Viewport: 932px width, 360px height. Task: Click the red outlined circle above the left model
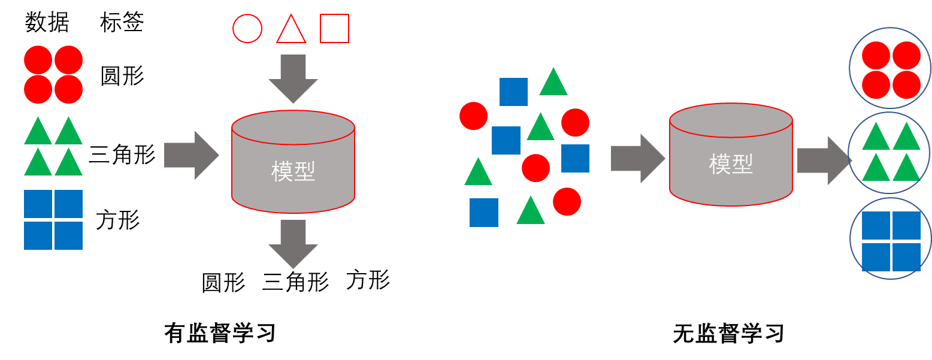[x=247, y=29]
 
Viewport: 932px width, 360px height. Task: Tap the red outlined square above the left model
[x=335, y=29]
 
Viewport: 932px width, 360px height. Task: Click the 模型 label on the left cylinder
[x=293, y=172]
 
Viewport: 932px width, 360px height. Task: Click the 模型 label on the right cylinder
[x=731, y=164]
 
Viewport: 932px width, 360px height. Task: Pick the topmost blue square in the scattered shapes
[x=514, y=92]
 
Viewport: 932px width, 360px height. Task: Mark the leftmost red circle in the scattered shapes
[x=474, y=116]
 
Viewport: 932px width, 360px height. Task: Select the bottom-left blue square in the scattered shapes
[x=484, y=213]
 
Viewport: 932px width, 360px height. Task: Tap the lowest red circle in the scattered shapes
[x=567, y=201]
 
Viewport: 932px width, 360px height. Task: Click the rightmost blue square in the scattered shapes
[x=576, y=158]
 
